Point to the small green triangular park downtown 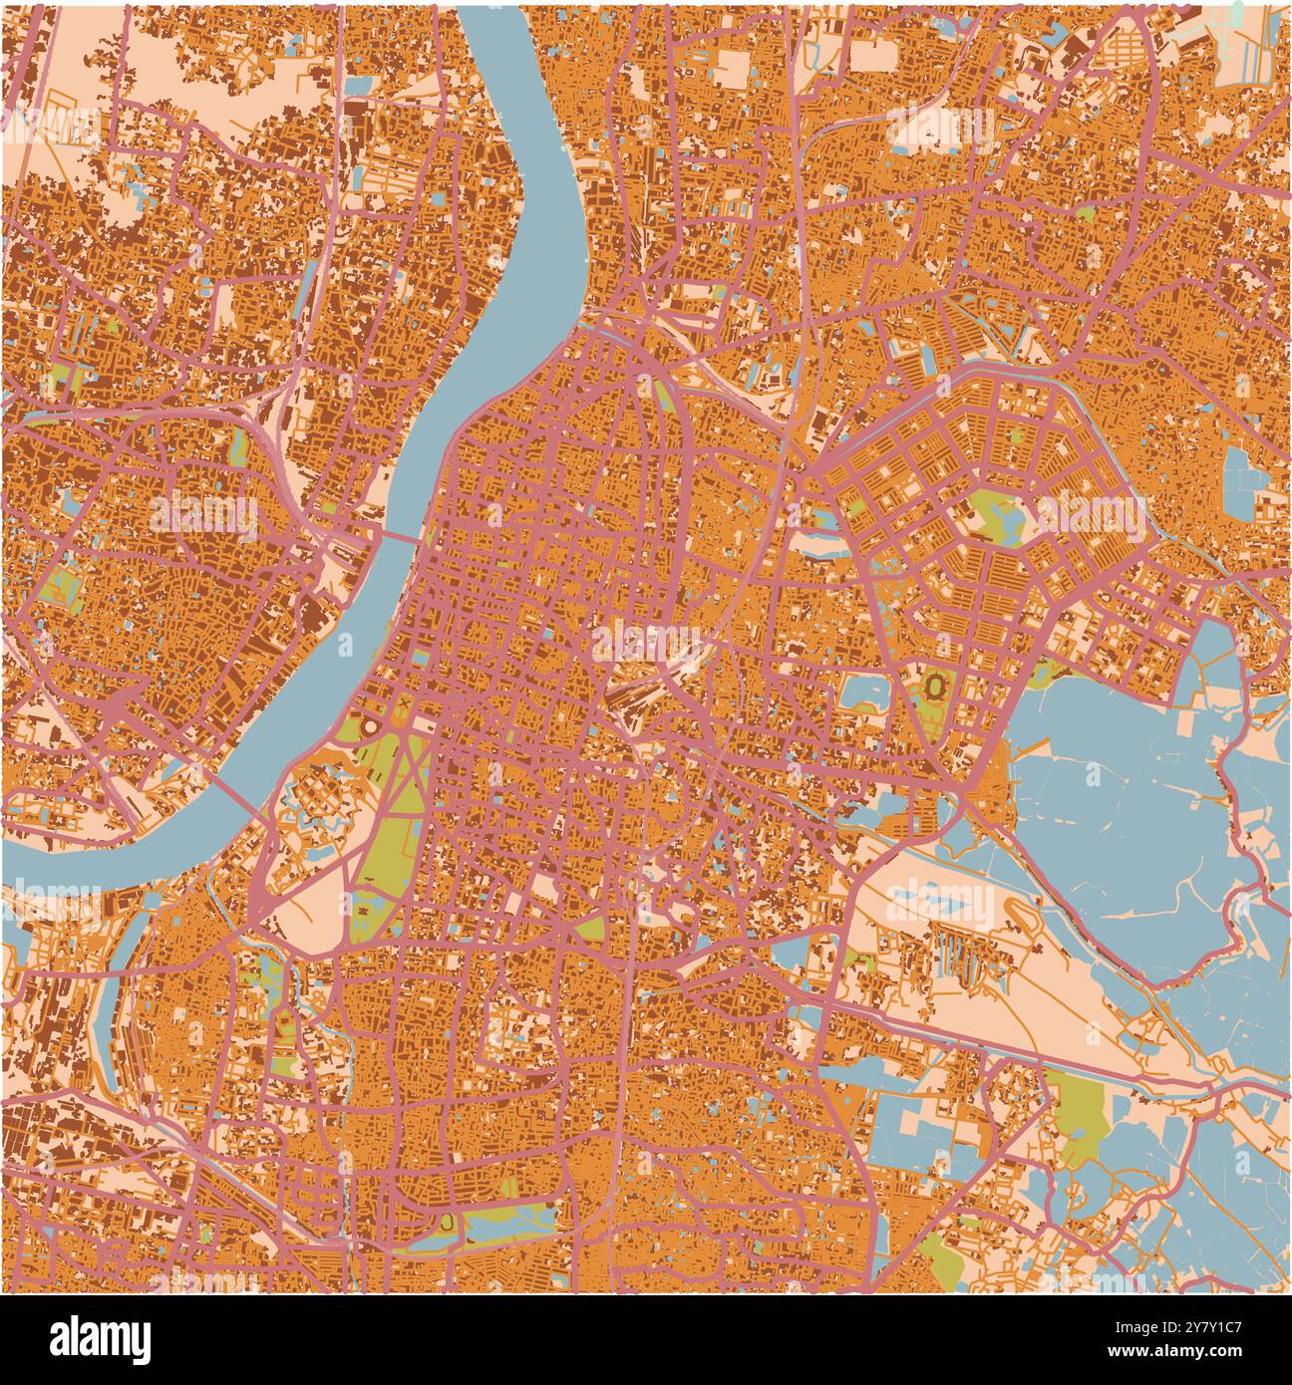point(588,927)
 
